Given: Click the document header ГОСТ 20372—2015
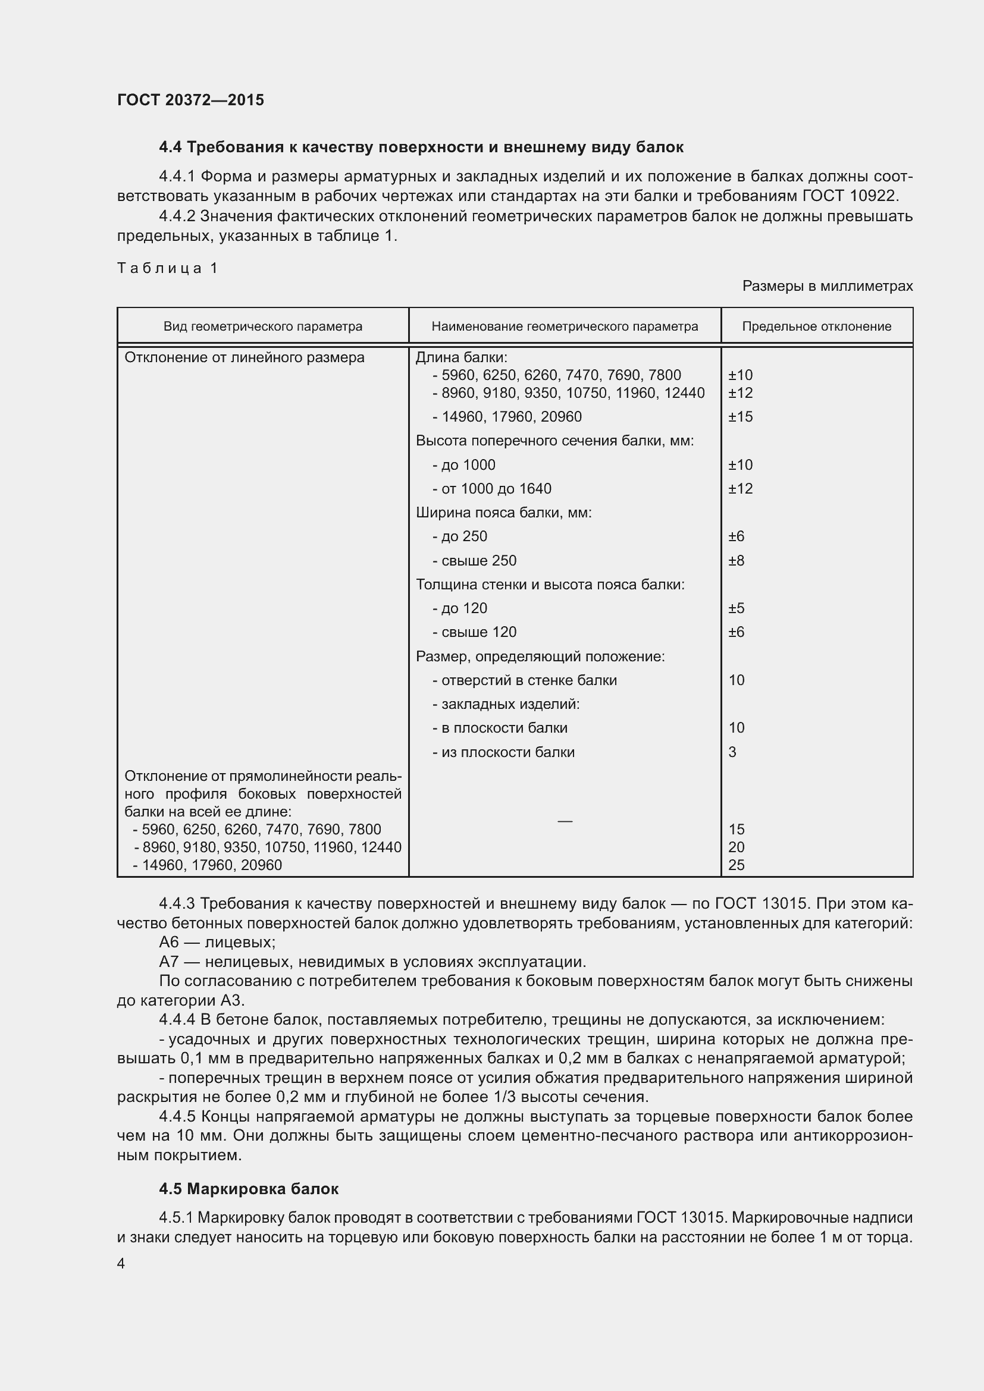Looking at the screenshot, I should click(190, 100).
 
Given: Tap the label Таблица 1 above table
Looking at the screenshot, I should click(167, 268).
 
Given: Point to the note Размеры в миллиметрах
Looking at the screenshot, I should click(827, 286).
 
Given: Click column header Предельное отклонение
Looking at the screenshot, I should click(816, 326).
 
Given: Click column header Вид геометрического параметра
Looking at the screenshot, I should click(262, 326).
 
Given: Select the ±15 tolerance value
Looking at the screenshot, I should click(740, 417).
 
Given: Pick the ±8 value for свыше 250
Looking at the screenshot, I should click(735, 560).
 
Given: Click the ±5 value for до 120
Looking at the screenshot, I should click(735, 608).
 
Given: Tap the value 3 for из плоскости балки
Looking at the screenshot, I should click(732, 752).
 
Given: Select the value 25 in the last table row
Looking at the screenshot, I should click(736, 865).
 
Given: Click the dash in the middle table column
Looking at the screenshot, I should click(564, 821).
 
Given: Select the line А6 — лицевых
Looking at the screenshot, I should click(217, 943).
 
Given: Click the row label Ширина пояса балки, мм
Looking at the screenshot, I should click(503, 513).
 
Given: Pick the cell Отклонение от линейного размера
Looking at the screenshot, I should click(244, 357).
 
